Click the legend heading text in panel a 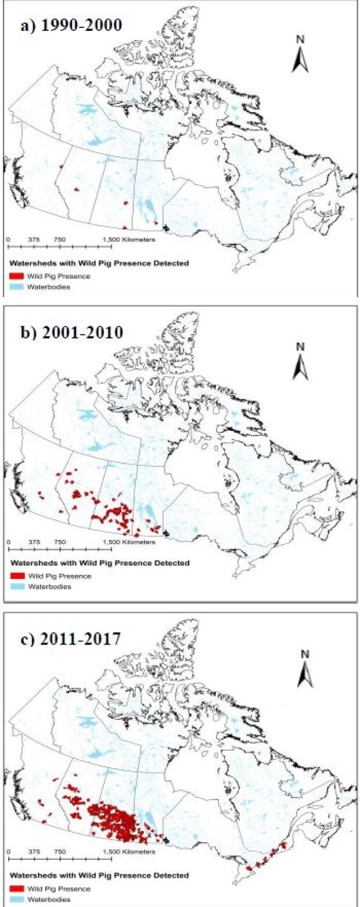coord(99,264)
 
